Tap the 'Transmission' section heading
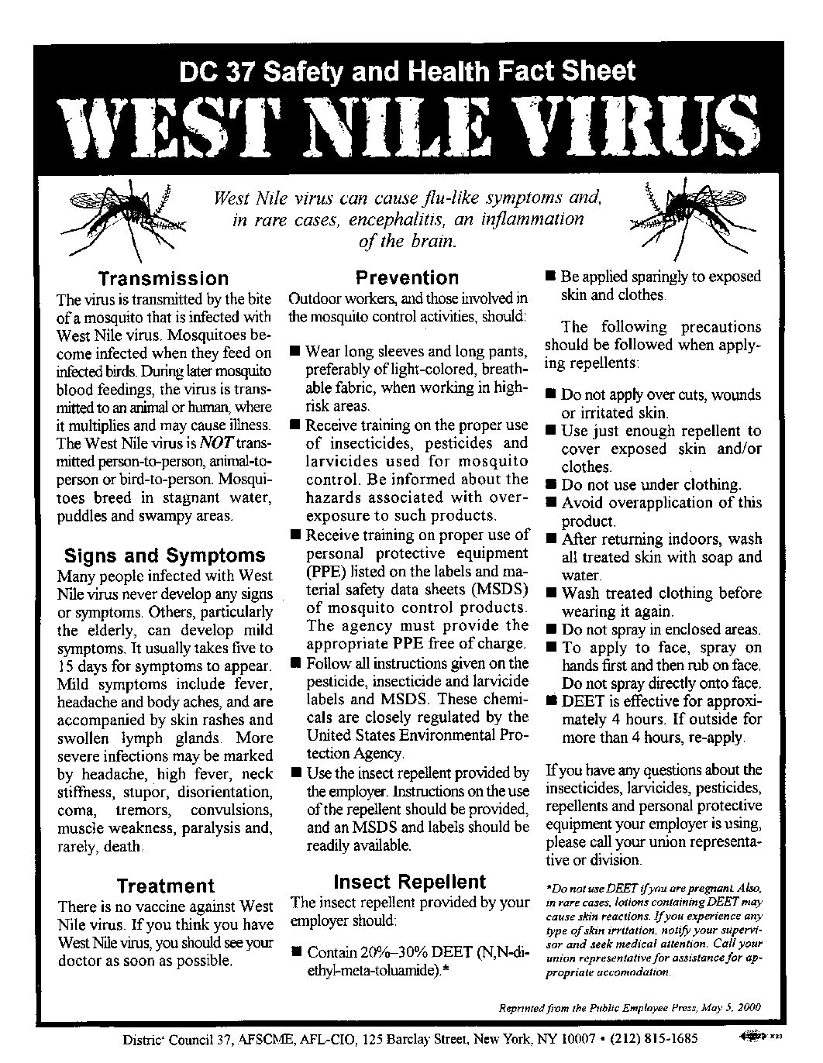click(x=164, y=279)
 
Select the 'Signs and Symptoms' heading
click(x=164, y=556)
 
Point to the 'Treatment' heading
click(x=165, y=886)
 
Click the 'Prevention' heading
click(x=407, y=277)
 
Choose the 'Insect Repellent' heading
click(x=409, y=882)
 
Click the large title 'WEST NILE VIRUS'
click(x=411, y=126)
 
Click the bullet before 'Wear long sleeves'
click(x=295, y=352)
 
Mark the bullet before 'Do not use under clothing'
click(x=550, y=485)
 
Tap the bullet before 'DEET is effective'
click(x=550, y=701)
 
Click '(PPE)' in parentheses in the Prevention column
click(x=325, y=572)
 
